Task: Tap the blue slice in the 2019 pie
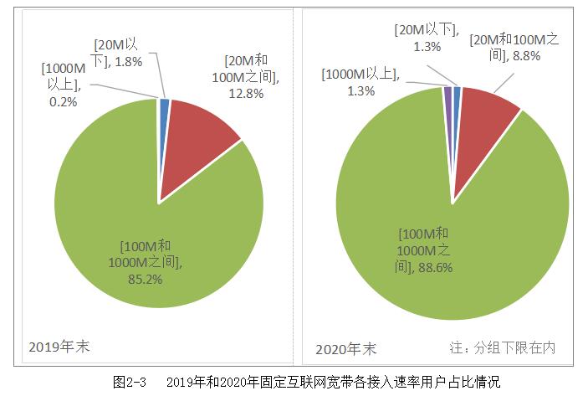click(164, 105)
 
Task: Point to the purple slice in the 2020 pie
click(448, 92)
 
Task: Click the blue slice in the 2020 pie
click(457, 91)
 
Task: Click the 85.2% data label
click(151, 278)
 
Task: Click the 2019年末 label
click(58, 345)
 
